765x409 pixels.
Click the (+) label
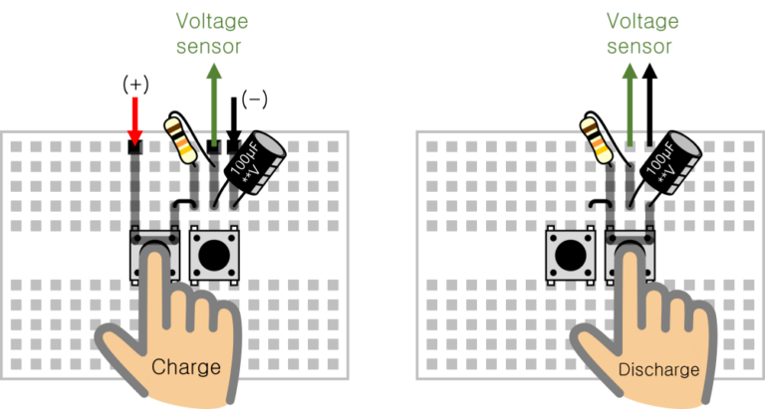(x=135, y=84)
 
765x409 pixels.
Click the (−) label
(x=256, y=99)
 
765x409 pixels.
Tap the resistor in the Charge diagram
(x=182, y=138)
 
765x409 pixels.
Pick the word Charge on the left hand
(x=185, y=367)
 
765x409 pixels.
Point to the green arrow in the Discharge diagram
(x=629, y=109)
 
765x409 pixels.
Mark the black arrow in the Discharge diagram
(x=649, y=109)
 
